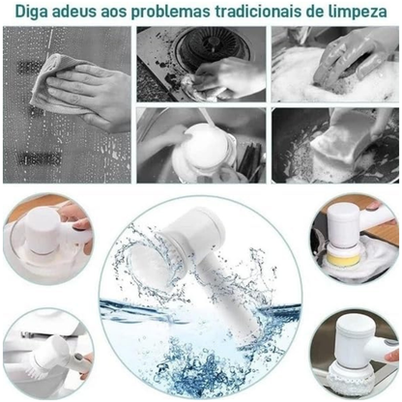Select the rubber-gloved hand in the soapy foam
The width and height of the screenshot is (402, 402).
tap(351, 58)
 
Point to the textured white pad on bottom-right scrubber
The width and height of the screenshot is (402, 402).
tap(351, 383)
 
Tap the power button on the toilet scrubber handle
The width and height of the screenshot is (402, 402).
tap(78, 358)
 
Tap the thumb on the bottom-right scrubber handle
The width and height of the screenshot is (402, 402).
tap(392, 356)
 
